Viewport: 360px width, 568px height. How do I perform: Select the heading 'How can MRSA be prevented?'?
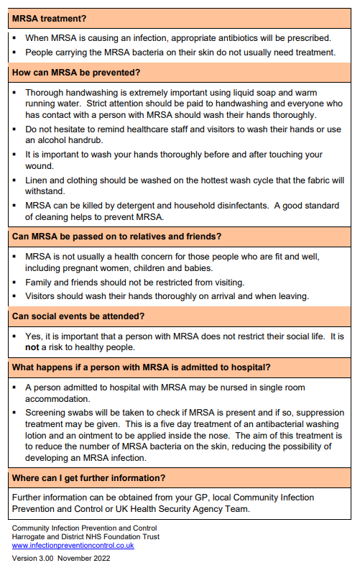(76, 72)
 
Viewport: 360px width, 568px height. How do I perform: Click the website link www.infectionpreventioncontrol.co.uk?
(73, 545)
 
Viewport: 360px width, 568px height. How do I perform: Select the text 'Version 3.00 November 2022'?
(62, 558)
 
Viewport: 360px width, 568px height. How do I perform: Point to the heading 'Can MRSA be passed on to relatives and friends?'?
(116, 237)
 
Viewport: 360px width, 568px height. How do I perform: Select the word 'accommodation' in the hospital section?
(63, 398)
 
